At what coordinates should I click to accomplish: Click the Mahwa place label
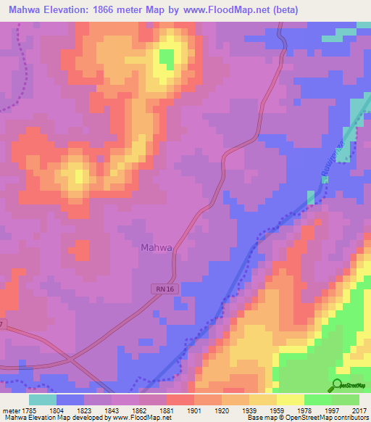click(156, 247)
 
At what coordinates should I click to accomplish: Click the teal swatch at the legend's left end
click(42, 400)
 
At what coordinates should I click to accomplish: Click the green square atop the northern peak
click(167, 57)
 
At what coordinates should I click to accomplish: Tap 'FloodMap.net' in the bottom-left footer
click(146, 418)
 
